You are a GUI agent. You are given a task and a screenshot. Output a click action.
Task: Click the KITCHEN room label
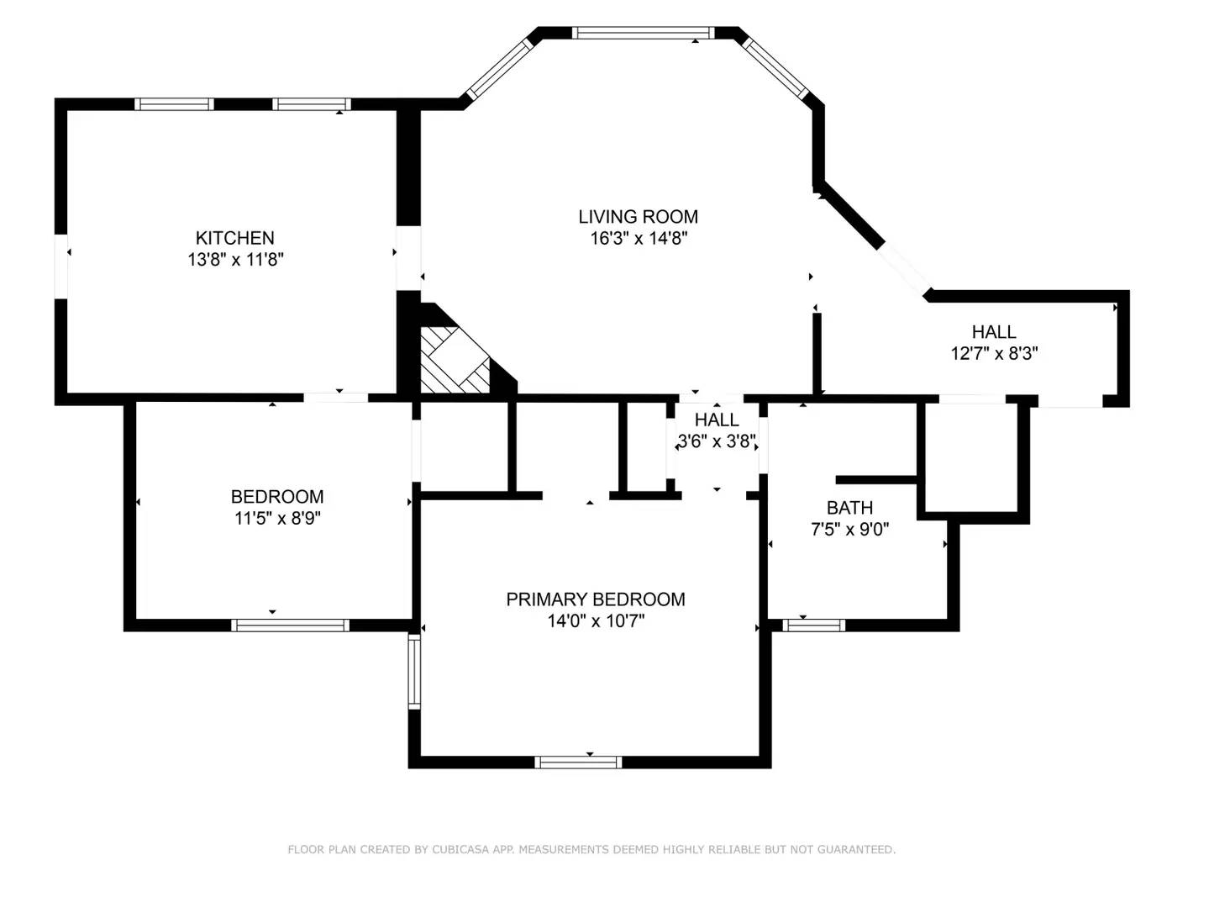tap(234, 238)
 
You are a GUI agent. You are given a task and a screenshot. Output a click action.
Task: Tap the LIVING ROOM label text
tap(638, 217)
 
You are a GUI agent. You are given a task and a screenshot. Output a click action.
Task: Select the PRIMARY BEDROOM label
tap(595, 599)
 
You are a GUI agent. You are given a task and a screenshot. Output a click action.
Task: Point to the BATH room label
tap(849, 508)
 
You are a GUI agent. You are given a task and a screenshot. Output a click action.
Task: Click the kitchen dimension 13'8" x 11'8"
tap(235, 260)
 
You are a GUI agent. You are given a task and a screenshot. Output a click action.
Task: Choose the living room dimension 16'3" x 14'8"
tap(639, 239)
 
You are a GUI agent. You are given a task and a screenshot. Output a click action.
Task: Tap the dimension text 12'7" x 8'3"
tap(994, 354)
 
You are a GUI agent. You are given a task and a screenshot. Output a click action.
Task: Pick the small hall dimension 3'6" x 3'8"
tap(717, 441)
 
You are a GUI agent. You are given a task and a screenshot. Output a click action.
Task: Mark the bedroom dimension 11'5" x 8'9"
tap(277, 519)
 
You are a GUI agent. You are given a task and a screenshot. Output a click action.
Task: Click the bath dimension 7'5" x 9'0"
tap(849, 530)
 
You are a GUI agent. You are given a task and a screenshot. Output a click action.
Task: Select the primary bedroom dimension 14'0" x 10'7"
tap(596, 621)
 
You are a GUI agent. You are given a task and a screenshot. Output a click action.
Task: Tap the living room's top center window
tap(643, 34)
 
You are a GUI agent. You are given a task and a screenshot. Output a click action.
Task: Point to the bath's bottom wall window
tap(813, 625)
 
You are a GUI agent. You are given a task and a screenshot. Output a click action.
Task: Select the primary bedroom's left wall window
tap(413, 671)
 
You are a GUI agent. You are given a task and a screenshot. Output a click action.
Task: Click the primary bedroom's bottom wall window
tap(578, 762)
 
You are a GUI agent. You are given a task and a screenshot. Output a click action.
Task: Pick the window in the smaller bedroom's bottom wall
tap(290, 625)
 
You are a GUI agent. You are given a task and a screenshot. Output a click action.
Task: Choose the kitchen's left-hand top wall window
tap(174, 104)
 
